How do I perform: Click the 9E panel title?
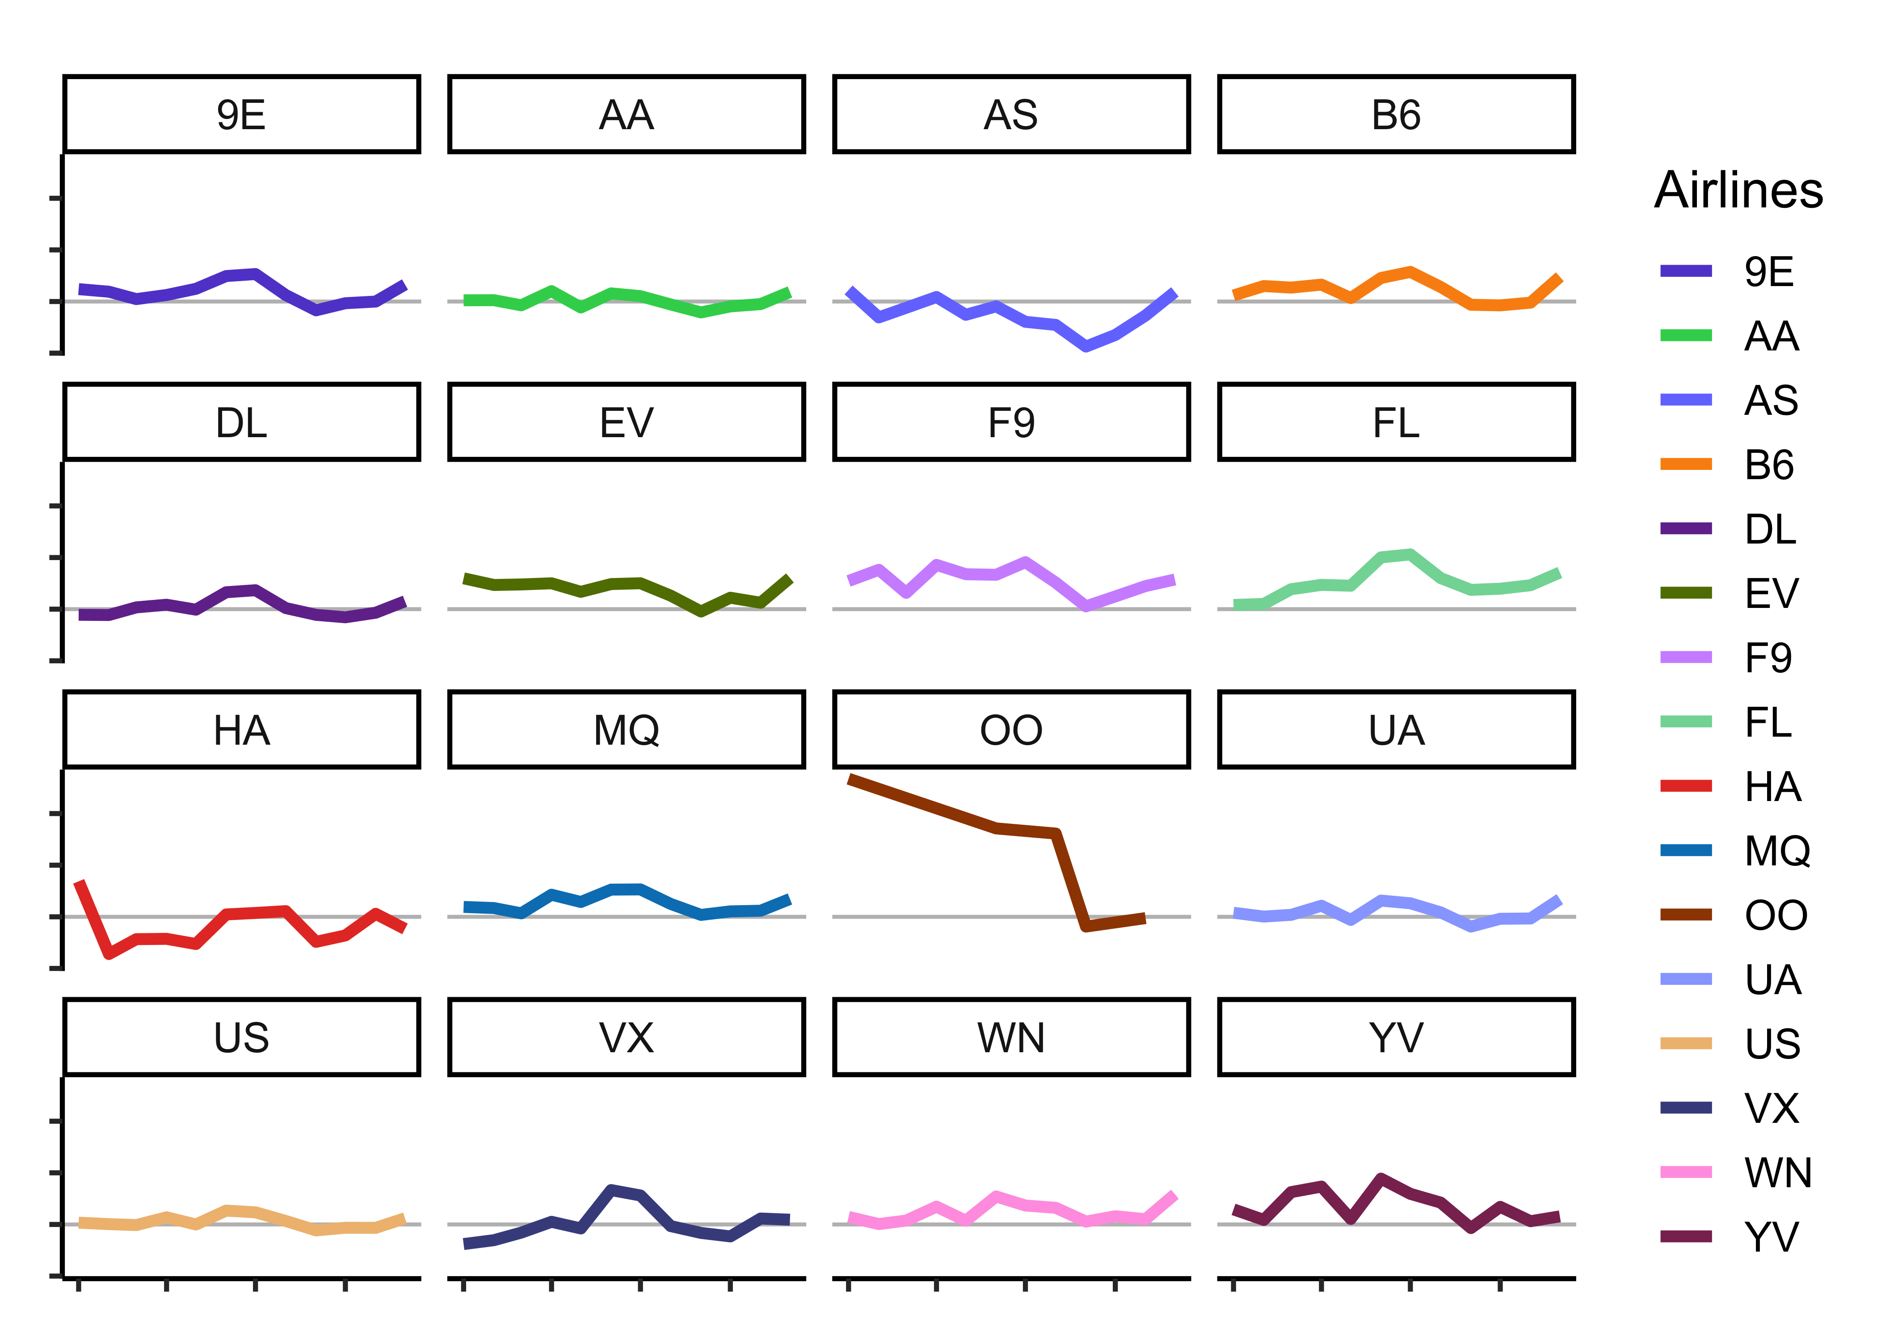pyautogui.click(x=241, y=115)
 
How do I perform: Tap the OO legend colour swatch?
pyautogui.click(x=1686, y=915)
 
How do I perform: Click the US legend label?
pyautogui.click(x=1772, y=1044)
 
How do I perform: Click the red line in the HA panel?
pyautogui.click(x=256, y=912)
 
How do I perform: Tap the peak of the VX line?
pyautogui.click(x=611, y=1190)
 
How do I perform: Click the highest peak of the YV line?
pyautogui.click(x=1381, y=1178)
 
